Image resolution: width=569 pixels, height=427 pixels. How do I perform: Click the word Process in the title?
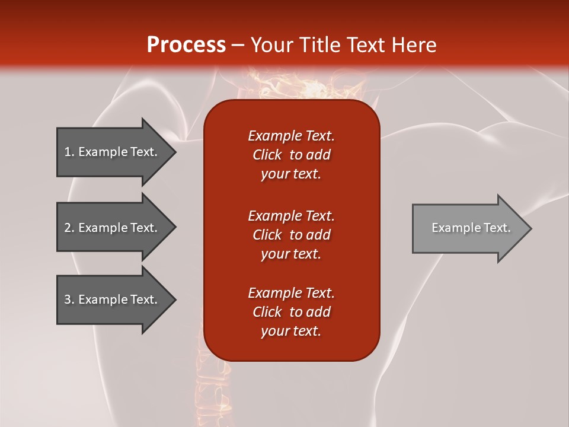[x=186, y=45]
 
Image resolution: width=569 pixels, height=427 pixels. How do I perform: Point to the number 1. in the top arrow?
[x=69, y=152]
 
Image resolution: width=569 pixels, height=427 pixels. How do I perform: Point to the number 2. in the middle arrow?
[x=69, y=228]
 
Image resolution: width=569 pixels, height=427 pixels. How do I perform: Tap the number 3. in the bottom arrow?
[x=69, y=299]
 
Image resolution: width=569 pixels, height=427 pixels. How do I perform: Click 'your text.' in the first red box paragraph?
[x=291, y=174]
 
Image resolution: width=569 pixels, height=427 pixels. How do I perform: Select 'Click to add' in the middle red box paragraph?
[x=291, y=235]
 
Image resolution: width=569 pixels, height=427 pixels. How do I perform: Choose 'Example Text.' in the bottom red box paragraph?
[x=291, y=293]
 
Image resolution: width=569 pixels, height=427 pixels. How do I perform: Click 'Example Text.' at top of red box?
[x=291, y=136]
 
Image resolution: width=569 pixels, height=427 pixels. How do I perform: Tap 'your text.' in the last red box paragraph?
[x=291, y=331]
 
